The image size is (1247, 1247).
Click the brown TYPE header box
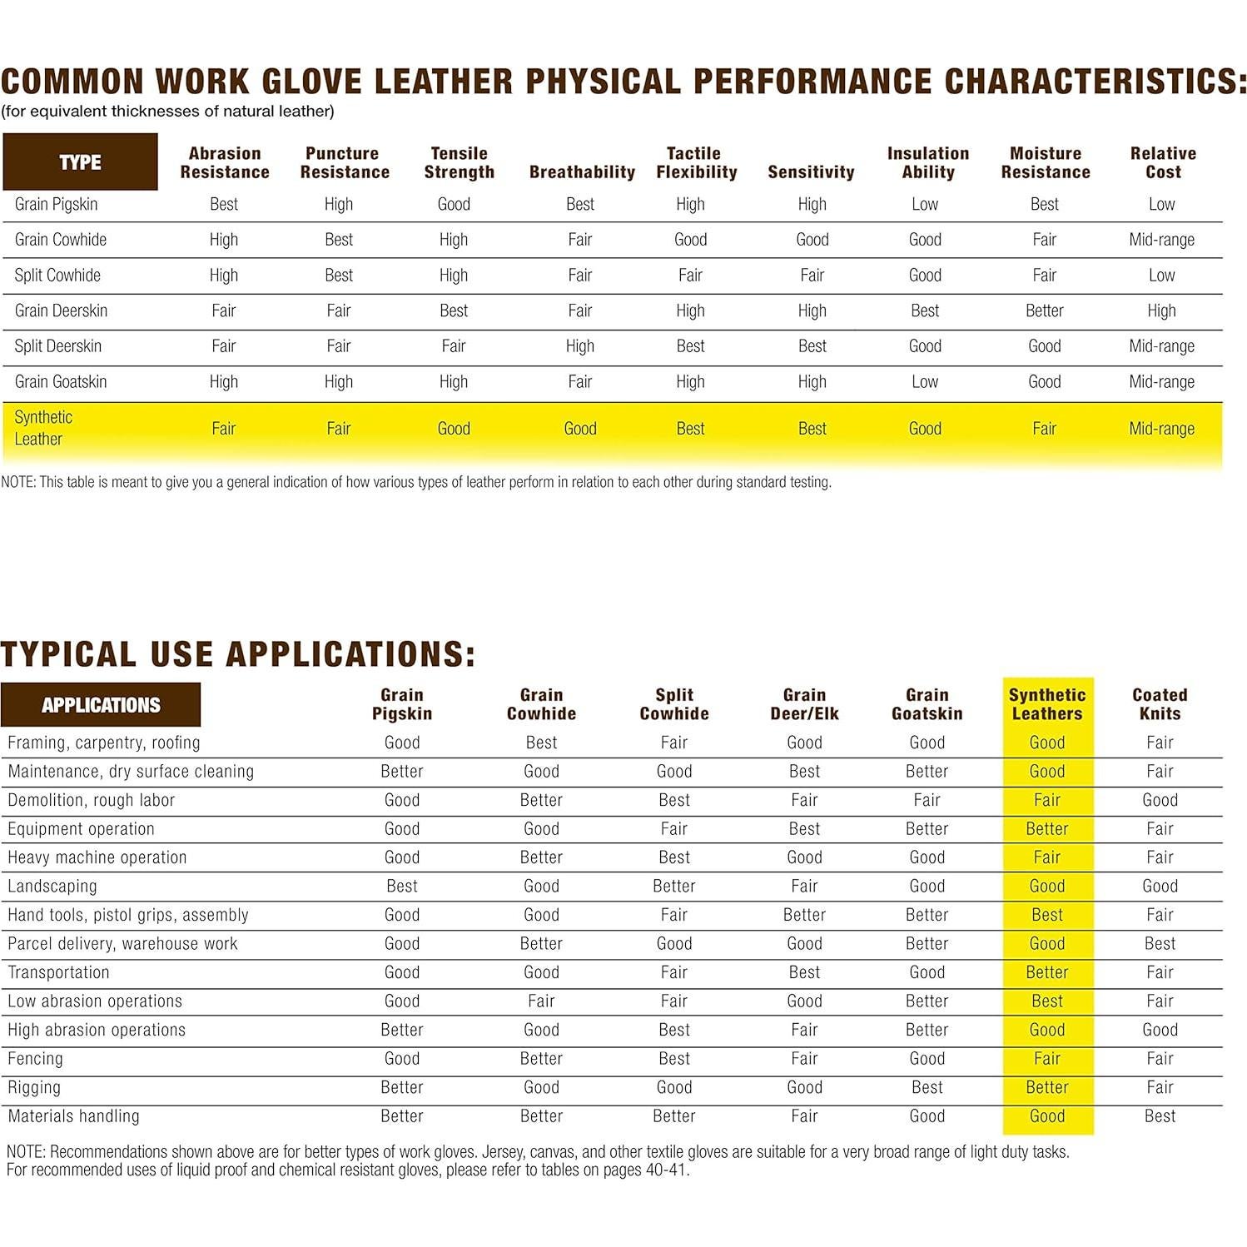80,161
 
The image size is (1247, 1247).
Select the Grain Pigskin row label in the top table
56,204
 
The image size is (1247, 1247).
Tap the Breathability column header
582,171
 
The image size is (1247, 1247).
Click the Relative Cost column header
1163,162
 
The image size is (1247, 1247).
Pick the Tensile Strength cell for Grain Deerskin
454,311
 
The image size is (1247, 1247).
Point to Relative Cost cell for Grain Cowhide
1161,240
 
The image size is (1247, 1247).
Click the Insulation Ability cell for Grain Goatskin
925,381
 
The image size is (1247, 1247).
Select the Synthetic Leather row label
42,428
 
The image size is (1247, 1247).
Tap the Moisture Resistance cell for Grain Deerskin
1044,311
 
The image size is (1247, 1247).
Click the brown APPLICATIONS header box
101,704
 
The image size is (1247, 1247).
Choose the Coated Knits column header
1160,703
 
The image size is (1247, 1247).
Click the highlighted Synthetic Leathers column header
1047,703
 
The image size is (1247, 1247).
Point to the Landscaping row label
52,886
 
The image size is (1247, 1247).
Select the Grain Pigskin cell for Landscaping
402,886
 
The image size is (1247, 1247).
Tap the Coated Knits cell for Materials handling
1160,1115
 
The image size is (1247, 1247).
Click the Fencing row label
36,1058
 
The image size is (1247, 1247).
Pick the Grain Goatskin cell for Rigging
927,1087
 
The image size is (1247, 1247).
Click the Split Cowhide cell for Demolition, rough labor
673,800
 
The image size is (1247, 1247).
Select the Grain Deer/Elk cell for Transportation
804,972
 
